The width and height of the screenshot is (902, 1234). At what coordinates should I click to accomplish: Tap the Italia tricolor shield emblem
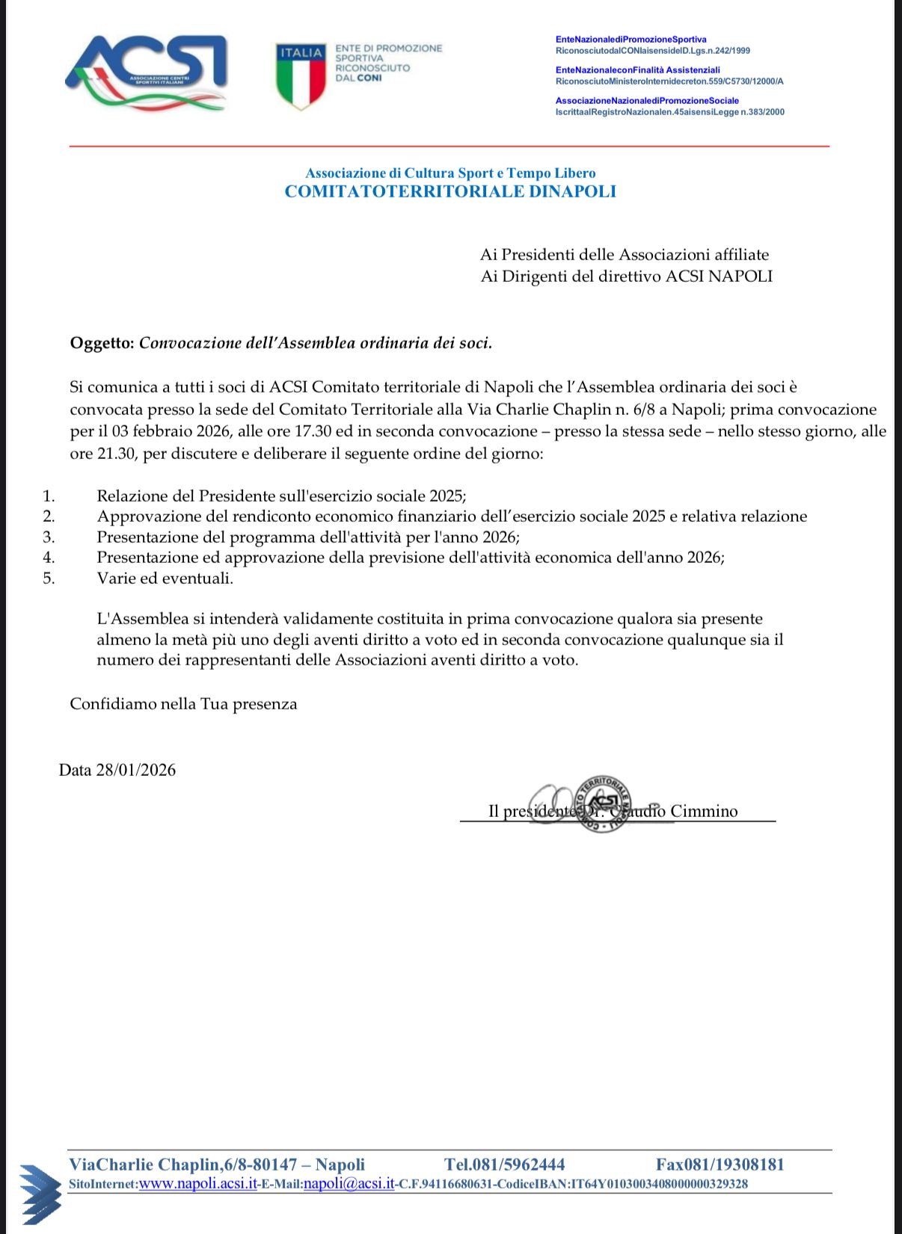pyautogui.click(x=301, y=75)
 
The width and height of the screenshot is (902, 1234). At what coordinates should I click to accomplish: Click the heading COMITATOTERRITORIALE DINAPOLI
pyautogui.click(x=450, y=191)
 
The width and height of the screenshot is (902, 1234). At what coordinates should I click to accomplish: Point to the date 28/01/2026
pyautogui.click(x=135, y=770)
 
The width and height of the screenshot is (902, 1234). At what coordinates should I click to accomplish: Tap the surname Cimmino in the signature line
pyautogui.click(x=704, y=811)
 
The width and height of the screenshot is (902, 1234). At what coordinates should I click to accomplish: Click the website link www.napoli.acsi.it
pyautogui.click(x=198, y=1184)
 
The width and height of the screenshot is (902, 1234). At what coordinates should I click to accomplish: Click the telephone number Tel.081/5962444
pyautogui.click(x=504, y=1164)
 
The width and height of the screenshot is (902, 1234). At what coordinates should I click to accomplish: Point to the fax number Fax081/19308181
pyautogui.click(x=720, y=1164)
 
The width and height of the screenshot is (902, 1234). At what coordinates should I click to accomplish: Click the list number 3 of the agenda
pyautogui.click(x=49, y=537)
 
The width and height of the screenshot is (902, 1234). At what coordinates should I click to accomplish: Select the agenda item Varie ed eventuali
pyautogui.click(x=165, y=578)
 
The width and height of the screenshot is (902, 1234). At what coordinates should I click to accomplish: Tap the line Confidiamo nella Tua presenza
pyautogui.click(x=183, y=704)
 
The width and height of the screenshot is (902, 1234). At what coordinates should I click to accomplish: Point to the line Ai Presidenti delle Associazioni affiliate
pyautogui.click(x=624, y=255)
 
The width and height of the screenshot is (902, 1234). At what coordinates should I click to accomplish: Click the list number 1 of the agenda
pyautogui.click(x=49, y=496)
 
